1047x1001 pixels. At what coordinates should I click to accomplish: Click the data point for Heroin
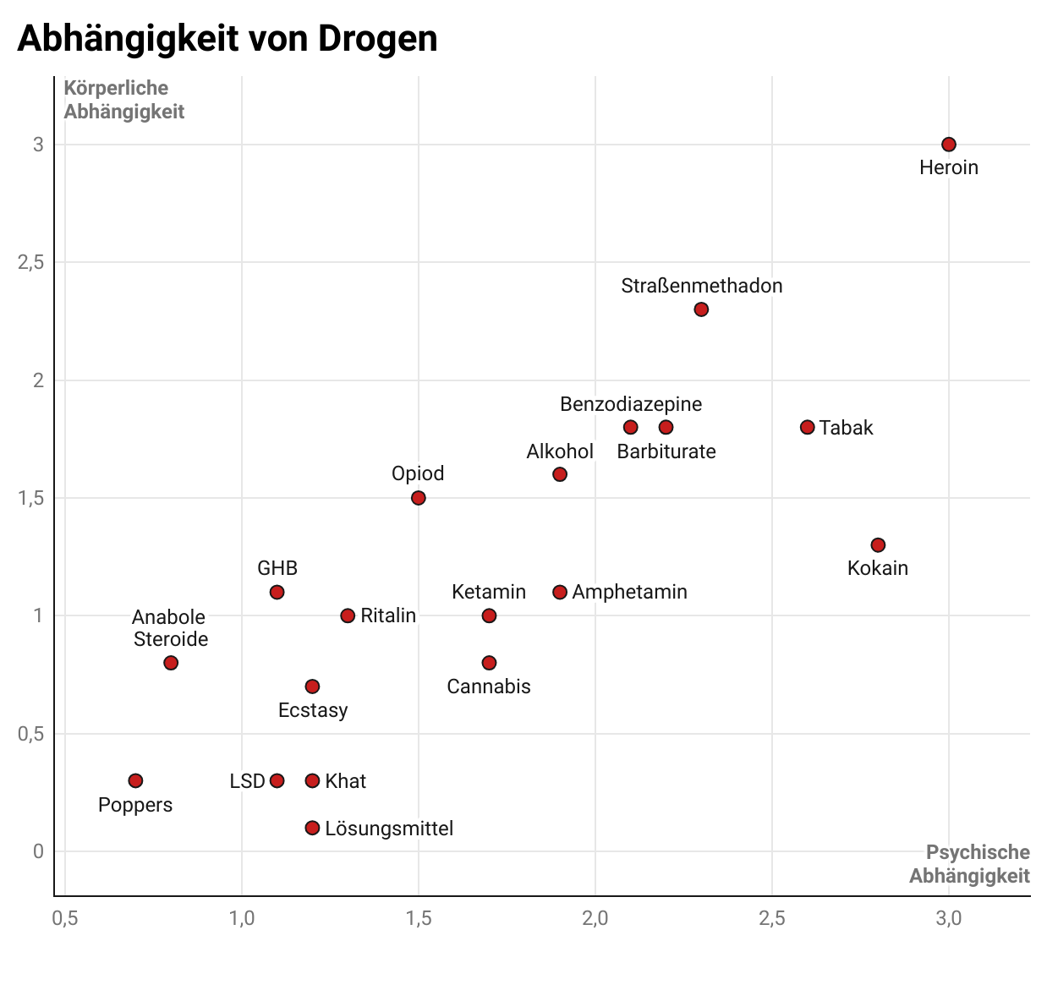(949, 145)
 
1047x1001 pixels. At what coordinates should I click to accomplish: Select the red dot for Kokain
(878, 545)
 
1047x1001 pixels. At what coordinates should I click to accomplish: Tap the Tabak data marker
(808, 427)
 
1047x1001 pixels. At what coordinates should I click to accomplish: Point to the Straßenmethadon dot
(701, 309)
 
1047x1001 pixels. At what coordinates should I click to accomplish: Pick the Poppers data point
(135, 780)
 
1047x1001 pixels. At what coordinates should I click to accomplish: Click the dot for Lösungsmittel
(312, 828)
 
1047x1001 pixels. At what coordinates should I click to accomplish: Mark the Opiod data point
(419, 498)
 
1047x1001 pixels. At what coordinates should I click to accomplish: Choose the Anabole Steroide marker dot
(171, 663)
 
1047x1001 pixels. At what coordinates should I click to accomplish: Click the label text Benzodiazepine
(631, 404)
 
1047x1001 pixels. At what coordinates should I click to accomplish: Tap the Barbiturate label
(666, 451)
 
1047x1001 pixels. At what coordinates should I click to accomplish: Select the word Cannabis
(489, 686)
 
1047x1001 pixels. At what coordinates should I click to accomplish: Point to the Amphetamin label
(629, 592)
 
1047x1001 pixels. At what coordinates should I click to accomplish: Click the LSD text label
(247, 781)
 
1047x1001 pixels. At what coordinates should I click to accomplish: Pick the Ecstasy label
(313, 710)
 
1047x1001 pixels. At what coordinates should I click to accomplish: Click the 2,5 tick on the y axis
(31, 263)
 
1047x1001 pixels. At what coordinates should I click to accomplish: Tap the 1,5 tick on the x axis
(419, 919)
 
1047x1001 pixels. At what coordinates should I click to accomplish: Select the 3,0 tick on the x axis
(949, 919)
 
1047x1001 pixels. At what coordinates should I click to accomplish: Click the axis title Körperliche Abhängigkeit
(123, 100)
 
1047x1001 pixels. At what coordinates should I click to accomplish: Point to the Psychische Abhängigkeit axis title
(970, 864)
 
